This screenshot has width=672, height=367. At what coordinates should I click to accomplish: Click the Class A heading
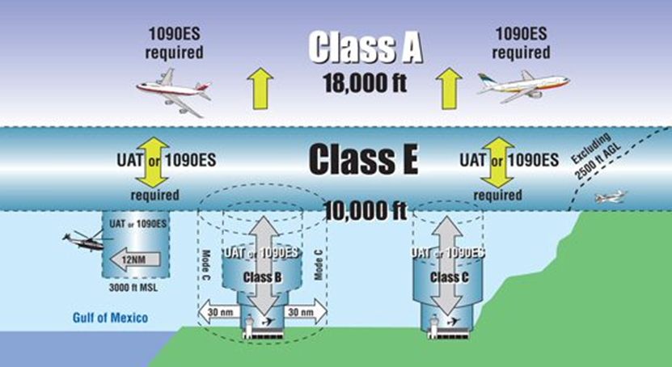click(x=366, y=47)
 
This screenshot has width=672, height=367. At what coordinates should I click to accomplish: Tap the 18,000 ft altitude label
click(x=365, y=82)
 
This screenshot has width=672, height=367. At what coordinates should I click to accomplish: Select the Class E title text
click(x=363, y=158)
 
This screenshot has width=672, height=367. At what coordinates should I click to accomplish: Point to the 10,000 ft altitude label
click(x=365, y=211)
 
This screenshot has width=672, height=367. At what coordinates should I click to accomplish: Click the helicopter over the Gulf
click(x=83, y=240)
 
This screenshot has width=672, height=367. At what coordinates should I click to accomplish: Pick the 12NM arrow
click(x=135, y=259)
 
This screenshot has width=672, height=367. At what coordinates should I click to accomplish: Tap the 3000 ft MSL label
click(x=133, y=288)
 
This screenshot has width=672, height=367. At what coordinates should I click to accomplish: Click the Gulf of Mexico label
click(x=110, y=318)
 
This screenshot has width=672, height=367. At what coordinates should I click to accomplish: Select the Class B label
click(x=262, y=277)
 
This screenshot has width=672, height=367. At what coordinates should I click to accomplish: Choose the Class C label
click(x=449, y=277)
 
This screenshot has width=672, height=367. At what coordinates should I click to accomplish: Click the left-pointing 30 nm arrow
click(x=218, y=311)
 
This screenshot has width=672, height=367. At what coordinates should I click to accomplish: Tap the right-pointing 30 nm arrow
click(x=305, y=311)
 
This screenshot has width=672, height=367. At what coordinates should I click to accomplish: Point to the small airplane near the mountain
click(x=611, y=196)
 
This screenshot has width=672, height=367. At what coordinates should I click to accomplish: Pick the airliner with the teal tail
click(x=524, y=86)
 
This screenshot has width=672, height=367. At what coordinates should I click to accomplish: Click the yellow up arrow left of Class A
click(x=260, y=89)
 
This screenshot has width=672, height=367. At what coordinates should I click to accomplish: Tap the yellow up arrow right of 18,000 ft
click(x=449, y=88)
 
